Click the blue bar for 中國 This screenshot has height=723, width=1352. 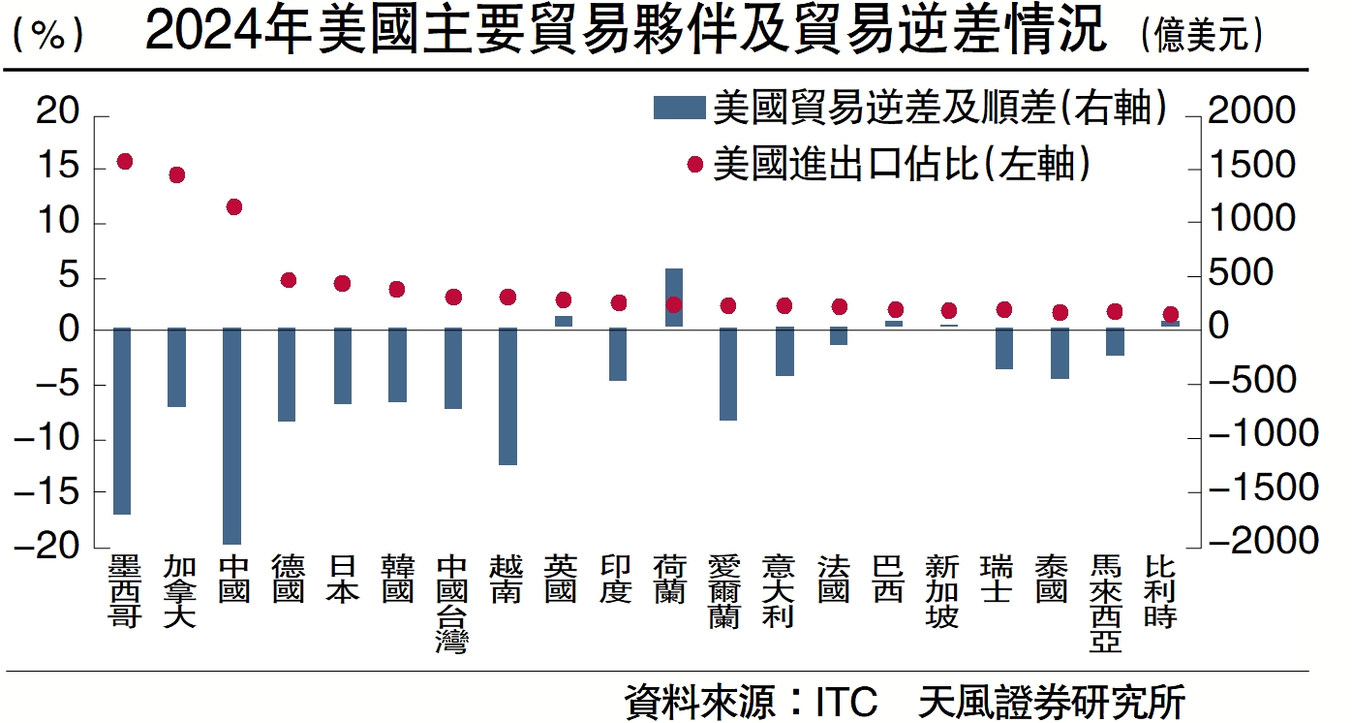232,435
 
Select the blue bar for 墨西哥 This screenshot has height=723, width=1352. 122,421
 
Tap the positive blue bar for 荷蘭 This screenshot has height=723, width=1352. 674,298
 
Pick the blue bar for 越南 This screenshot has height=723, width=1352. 507,395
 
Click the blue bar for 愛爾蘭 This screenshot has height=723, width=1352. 728,373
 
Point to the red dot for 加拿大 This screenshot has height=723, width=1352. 176,175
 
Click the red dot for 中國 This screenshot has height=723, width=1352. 233,206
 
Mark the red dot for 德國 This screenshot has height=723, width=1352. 288,280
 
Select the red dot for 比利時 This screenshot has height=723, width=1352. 1170,314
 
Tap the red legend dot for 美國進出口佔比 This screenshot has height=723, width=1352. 694,165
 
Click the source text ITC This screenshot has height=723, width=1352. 845,701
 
